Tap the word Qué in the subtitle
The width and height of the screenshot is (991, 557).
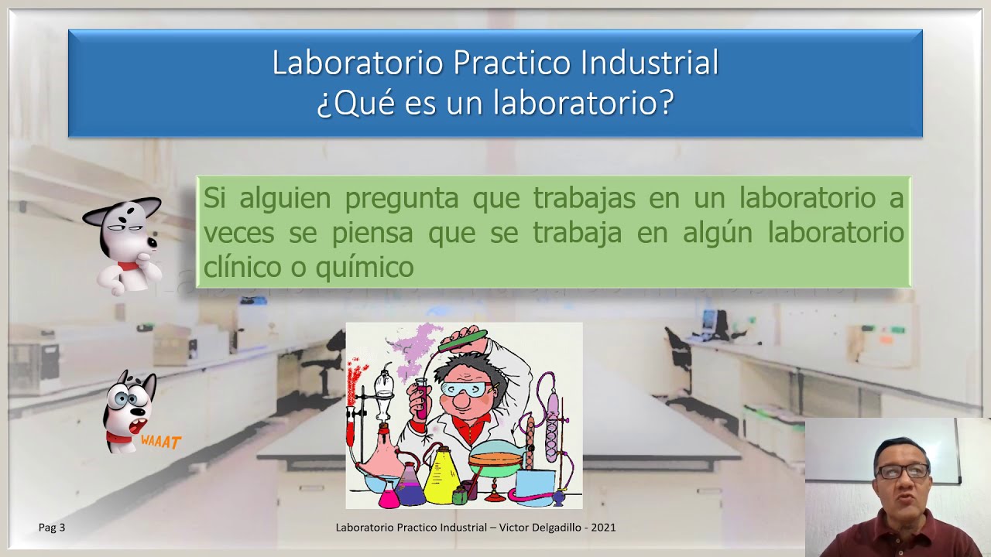tap(357, 103)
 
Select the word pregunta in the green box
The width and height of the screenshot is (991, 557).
tap(403, 199)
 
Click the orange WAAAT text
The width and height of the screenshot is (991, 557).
tap(161, 443)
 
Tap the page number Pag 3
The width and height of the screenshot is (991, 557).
tap(52, 528)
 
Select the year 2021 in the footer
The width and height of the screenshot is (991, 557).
tap(602, 528)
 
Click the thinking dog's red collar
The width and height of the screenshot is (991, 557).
tap(128, 265)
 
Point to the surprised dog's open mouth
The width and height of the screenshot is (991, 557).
tap(138, 426)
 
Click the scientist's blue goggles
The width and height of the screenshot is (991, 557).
tap(463, 389)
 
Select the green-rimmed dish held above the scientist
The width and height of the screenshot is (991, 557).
tap(462, 339)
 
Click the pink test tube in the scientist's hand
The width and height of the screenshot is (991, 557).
tap(422, 398)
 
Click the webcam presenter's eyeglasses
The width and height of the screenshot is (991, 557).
tap(902, 470)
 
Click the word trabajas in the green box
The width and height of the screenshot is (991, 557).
tap(584, 199)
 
